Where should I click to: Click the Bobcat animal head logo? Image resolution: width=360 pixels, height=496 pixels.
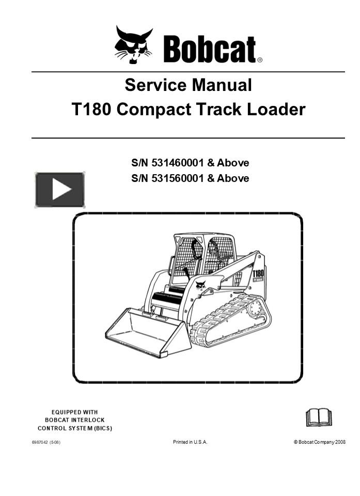(133, 45)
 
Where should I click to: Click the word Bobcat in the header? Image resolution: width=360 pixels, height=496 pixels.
(209, 50)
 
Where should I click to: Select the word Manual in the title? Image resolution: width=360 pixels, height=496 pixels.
(222, 84)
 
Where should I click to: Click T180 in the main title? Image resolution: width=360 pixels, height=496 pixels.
(91, 110)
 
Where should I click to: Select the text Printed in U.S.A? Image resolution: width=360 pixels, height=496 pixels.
(190, 442)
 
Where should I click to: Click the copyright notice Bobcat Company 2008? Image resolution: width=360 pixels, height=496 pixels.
(321, 442)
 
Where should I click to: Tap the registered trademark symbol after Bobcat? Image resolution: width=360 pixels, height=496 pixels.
(260, 60)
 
